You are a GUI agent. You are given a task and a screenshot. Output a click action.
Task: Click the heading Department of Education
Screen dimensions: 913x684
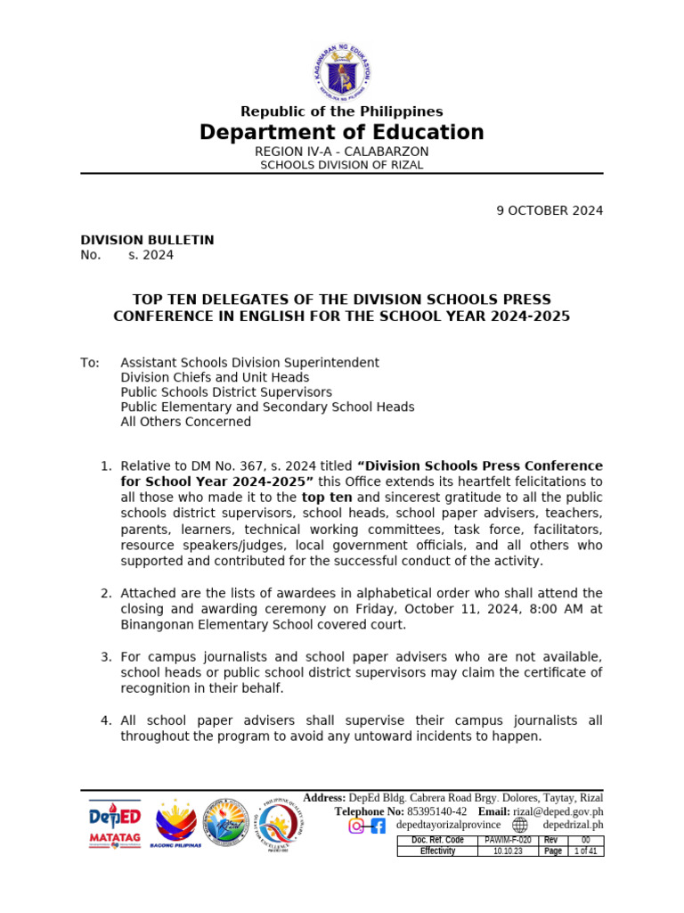(x=342, y=133)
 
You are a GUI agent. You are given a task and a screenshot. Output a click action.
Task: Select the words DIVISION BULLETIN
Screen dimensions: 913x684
(x=147, y=241)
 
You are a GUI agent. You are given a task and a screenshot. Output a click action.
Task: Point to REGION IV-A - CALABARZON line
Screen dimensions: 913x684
(x=342, y=152)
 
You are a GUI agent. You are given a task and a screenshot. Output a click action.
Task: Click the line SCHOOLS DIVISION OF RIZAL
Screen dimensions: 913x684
(x=342, y=165)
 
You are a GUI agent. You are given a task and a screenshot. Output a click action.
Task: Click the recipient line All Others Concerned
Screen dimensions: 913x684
(x=186, y=422)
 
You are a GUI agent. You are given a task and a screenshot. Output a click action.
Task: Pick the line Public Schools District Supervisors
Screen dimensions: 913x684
(x=226, y=392)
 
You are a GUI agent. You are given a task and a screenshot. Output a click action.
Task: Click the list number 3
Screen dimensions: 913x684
(x=105, y=657)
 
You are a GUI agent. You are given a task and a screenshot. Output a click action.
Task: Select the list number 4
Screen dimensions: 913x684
(x=105, y=720)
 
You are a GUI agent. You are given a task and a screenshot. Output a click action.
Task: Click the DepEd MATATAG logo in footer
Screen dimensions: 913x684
(x=114, y=825)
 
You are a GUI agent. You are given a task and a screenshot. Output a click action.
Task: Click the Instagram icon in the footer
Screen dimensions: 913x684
(x=356, y=826)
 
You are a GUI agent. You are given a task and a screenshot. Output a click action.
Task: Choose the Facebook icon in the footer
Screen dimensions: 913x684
(x=378, y=826)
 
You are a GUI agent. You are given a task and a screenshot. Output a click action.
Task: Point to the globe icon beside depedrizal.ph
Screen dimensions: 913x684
(x=520, y=826)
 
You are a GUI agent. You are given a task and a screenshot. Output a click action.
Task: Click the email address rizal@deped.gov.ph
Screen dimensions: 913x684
(x=558, y=811)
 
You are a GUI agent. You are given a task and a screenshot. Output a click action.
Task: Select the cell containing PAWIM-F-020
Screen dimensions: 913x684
(x=508, y=841)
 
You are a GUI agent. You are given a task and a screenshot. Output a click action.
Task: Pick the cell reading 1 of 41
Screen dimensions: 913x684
(x=586, y=851)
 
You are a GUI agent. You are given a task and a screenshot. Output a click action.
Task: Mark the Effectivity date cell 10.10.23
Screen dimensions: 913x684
(x=508, y=851)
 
